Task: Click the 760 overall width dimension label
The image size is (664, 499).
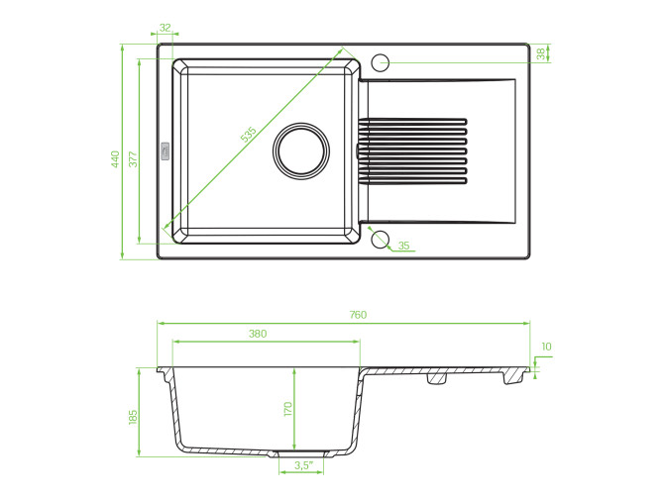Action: click(358, 315)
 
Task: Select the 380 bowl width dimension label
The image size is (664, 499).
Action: click(258, 334)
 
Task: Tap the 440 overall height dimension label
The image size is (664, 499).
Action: click(116, 159)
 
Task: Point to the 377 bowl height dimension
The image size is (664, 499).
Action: click(133, 159)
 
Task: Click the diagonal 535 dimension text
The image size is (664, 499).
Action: click(249, 134)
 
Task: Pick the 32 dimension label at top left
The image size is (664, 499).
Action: click(165, 28)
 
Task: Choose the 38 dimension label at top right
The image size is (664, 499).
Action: click(540, 53)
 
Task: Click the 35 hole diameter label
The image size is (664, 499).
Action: click(403, 246)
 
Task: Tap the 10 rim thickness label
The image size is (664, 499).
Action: click(546, 347)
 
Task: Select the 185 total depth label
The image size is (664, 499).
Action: click(133, 418)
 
